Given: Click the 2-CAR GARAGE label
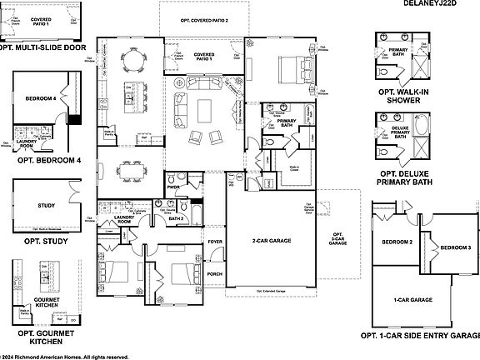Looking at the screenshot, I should (269, 241).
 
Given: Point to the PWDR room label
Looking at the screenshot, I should (173, 187).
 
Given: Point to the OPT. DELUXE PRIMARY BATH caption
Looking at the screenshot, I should (405, 176).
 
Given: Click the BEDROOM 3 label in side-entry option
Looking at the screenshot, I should (455, 248).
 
